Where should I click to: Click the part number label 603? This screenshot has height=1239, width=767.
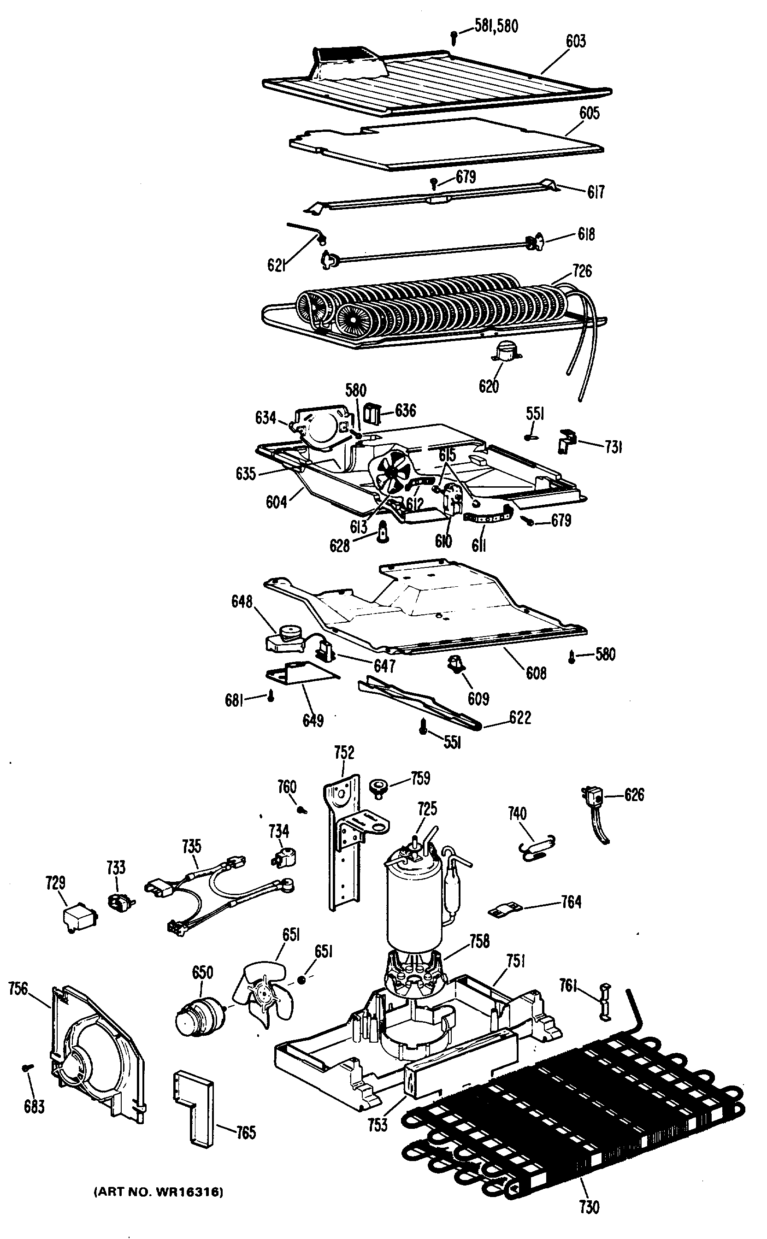pyautogui.click(x=576, y=41)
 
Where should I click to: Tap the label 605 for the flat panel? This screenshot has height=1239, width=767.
pyautogui.click(x=590, y=113)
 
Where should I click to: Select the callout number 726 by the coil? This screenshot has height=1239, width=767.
pyautogui.click(x=582, y=271)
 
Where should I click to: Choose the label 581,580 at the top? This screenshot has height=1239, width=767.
pyautogui.click(x=496, y=25)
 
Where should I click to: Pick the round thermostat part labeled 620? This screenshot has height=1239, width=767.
pyautogui.click(x=505, y=350)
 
